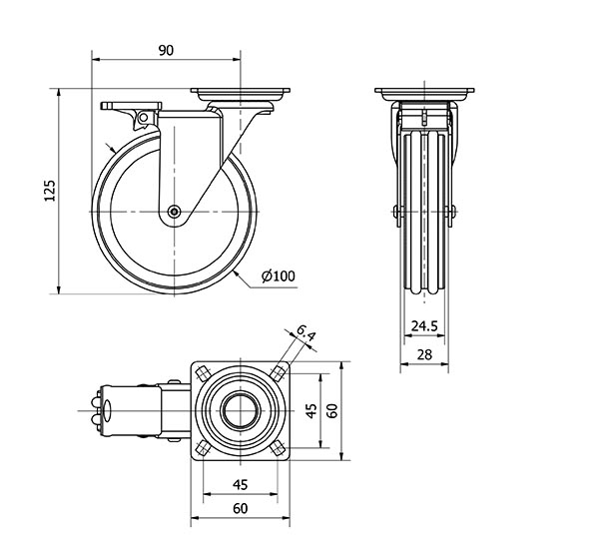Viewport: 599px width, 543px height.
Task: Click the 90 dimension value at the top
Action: coord(166,50)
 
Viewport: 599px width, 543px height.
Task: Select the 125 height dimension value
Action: coord(50,191)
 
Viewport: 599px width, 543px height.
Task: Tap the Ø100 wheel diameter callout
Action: coord(279,275)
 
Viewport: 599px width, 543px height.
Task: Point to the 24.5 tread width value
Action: coord(424,326)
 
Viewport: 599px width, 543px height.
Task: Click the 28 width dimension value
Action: coord(424,354)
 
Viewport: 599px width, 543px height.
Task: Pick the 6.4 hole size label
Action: coord(305,332)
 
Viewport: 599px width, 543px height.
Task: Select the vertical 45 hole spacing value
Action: coord(312,411)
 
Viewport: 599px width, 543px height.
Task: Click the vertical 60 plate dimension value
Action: coord(332,411)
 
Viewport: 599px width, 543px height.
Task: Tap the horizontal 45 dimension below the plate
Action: coord(240,484)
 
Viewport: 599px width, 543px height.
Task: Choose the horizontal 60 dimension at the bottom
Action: coord(240,509)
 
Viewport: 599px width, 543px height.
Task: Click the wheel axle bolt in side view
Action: coord(174,212)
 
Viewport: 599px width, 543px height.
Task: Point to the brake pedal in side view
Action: coord(131,106)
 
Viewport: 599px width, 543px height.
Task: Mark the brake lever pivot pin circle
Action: coord(143,118)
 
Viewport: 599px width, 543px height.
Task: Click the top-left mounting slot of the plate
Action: coord(202,372)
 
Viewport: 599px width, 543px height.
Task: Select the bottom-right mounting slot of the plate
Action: coord(279,449)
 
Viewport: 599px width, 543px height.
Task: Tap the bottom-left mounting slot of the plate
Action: coord(202,449)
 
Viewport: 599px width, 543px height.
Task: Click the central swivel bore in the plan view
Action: coord(241,410)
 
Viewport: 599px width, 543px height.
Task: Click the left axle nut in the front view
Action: coord(396,212)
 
